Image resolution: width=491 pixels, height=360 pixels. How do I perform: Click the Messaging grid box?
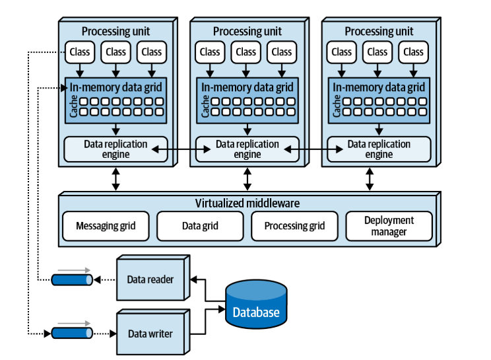click(x=106, y=226)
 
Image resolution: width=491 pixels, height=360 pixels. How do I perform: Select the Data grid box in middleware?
click(x=200, y=226)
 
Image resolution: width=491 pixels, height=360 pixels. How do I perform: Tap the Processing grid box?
click(x=294, y=226)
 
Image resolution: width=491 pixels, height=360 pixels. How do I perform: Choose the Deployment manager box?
click(x=389, y=226)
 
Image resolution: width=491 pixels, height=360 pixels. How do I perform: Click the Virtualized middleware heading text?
click(x=247, y=203)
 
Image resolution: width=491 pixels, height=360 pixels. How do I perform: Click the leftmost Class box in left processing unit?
click(x=80, y=52)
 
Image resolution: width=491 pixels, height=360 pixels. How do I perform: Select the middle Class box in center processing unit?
click(x=245, y=52)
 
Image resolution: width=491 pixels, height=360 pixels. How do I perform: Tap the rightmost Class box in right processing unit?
click(x=413, y=52)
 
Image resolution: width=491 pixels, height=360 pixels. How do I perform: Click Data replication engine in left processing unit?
click(x=115, y=149)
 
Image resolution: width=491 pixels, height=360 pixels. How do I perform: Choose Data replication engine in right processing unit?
click(x=379, y=149)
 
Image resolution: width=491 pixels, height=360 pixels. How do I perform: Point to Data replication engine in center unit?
click(x=247, y=149)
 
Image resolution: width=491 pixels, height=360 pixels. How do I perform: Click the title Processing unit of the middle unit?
click(x=247, y=31)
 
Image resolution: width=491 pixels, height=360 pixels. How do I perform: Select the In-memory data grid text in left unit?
click(x=115, y=87)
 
